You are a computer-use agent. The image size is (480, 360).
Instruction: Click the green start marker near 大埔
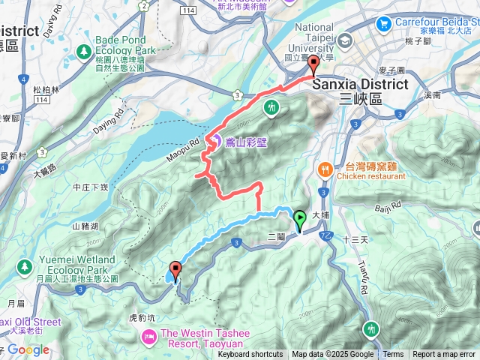[x=299, y=220]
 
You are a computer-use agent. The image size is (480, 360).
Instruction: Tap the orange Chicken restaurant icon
[x=325, y=169]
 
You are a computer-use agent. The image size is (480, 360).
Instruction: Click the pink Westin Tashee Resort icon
[x=148, y=334]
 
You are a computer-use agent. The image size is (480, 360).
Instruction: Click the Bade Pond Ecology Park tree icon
[x=85, y=53]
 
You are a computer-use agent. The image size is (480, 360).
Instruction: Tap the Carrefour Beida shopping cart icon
[x=384, y=23]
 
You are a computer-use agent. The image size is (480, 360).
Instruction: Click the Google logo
[x=28, y=349]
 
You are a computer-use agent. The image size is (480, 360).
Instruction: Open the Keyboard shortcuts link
[x=250, y=355]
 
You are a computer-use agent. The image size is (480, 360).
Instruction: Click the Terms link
[x=393, y=355]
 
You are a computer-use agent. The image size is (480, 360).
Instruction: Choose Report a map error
[x=444, y=355]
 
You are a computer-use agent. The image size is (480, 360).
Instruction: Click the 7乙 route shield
[x=326, y=235]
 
